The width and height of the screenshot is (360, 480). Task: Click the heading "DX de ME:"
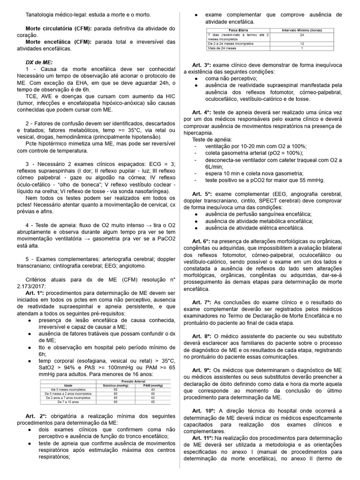coord(39,62)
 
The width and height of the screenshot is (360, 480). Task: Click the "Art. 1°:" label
coord(36,292)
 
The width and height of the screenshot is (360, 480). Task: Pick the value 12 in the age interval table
coord(302,43)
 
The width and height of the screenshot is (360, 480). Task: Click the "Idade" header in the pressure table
coord(60,385)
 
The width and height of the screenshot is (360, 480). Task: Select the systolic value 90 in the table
coord(115,402)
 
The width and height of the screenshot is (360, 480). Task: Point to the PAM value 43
coord(153,390)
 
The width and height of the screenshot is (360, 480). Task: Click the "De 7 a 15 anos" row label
coord(60,402)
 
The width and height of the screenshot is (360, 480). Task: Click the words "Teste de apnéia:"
coord(211,140)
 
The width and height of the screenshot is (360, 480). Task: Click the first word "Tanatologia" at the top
coord(41,15)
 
